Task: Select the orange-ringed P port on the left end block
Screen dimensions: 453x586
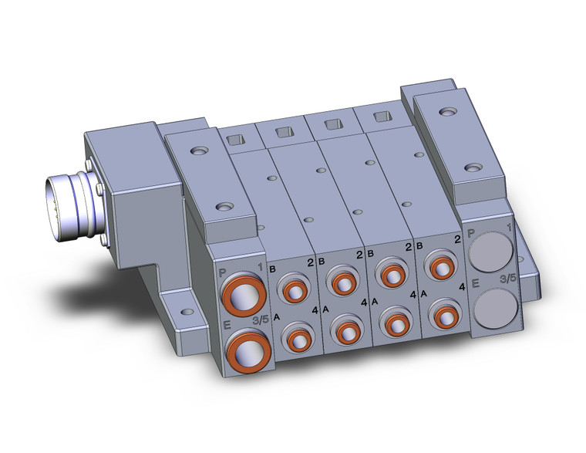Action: tap(243, 295)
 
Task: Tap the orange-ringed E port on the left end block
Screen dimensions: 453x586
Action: tap(246, 349)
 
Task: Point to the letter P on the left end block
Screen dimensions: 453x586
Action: tap(224, 272)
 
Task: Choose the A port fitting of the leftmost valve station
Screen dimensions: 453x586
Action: tap(297, 337)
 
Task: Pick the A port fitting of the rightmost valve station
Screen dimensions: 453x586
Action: tap(443, 315)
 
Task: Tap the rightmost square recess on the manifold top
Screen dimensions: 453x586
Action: tap(380, 117)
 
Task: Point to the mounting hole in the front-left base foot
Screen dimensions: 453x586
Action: tap(185, 313)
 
